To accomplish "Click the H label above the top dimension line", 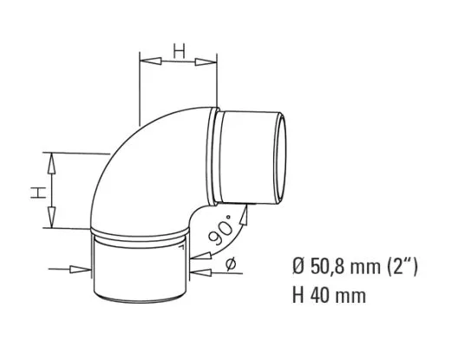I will click(178, 51).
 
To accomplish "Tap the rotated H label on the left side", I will click(36, 190).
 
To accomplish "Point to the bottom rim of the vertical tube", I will click(139, 304).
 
